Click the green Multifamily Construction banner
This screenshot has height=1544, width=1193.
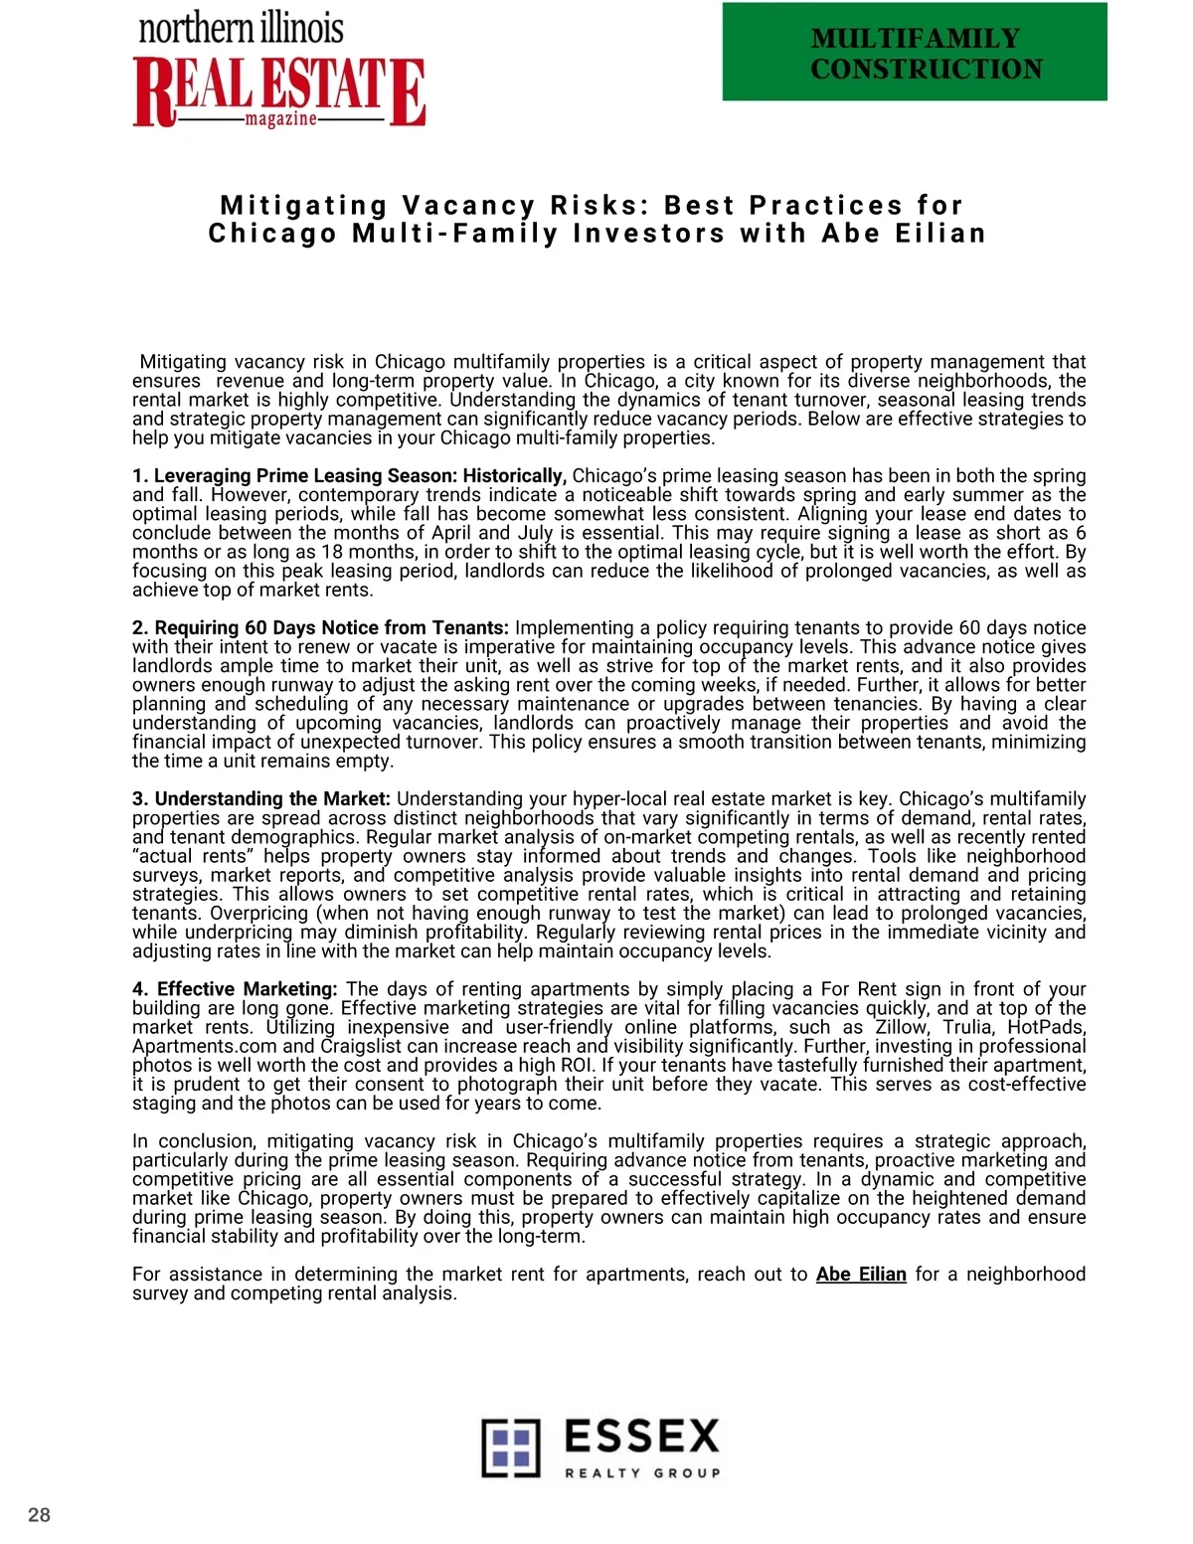pos(915,52)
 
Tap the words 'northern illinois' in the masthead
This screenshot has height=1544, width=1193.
pos(242,28)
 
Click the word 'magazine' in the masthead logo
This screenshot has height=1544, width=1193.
pos(280,119)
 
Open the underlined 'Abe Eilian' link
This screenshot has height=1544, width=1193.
pos(861,1275)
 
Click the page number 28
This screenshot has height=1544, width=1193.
pos(39,1515)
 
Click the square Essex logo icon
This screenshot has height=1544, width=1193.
pos(511,1448)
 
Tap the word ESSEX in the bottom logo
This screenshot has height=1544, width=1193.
pos(641,1437)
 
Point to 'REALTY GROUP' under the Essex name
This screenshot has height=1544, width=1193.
pos(642,1473)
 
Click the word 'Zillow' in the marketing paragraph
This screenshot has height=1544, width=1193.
pos(901,1027)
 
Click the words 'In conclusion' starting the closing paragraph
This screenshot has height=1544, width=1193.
pos(189,1141)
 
